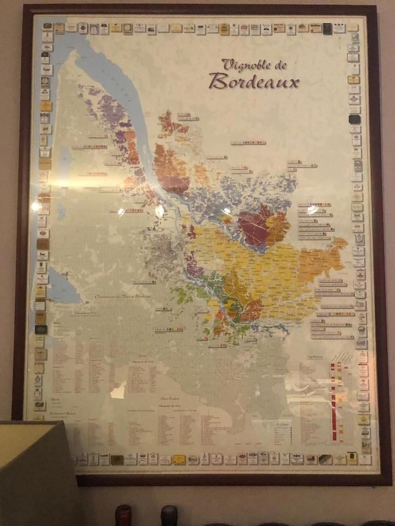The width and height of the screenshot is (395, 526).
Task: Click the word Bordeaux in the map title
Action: (x=254, y=81)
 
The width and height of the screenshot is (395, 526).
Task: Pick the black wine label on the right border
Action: (x=354, y=119)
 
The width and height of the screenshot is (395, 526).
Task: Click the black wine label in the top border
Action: (x=327, y=28)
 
